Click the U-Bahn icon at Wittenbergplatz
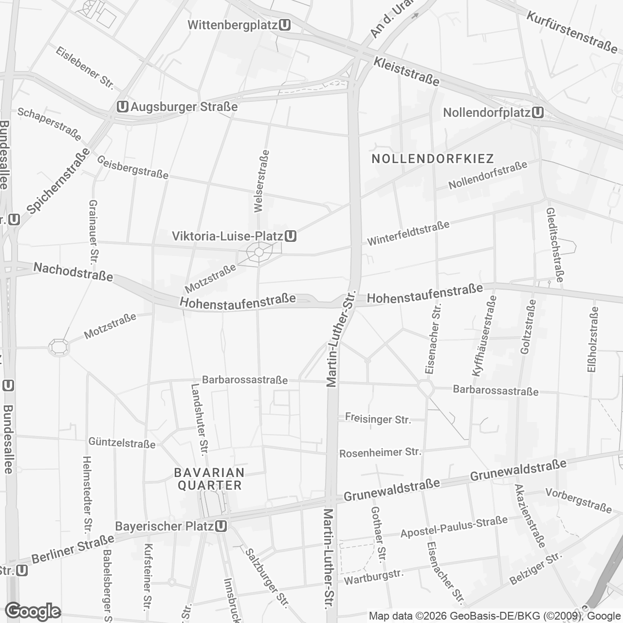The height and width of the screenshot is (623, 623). click(x=286, y=24)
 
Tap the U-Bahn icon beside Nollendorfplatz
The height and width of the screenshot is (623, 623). click(x=538, y=113)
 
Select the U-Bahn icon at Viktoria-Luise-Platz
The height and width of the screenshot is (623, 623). click(x=291, y=237)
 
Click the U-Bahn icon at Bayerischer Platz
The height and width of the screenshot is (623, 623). click(x=221, y=526)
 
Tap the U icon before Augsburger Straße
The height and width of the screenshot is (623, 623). click(x=123, y=107)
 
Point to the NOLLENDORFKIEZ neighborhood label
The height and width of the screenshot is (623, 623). click(x=432, y=159)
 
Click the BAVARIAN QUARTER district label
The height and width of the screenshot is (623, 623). click(x=209, y=479)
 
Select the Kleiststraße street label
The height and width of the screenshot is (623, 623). click(x=406, y=71)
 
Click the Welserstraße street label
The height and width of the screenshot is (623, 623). click(x=261, y=181)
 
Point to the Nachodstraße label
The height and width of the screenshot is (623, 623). click(x=73, y=272)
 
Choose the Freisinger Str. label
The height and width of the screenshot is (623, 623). click(x=378, y=418)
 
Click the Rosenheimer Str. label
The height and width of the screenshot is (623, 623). click(x=380, y=453)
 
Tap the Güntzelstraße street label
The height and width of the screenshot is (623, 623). click(x=122, y=443)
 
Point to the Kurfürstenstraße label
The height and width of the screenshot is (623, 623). click(x=572, y=32)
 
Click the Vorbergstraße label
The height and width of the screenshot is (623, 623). click(x=578, y=500)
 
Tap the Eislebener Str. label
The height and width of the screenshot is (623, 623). click(x=85, y=68)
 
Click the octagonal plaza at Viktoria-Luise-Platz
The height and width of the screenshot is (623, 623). click(x=258, y=253)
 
